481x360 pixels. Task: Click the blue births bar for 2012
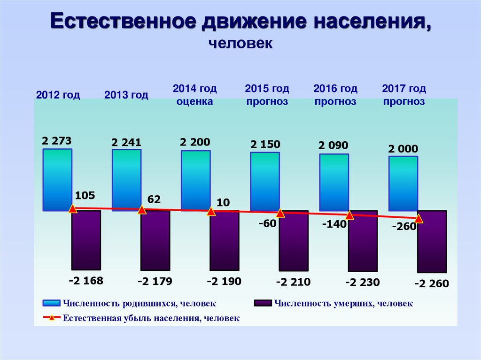[57, 180]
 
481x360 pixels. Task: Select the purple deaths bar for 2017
[432, 241]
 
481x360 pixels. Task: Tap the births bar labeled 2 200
[195, 181]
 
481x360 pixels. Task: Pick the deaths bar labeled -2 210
[294, 240]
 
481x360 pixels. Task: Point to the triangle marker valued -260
[419, 219]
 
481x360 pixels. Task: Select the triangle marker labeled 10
[211, 212]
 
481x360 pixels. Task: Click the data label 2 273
[56, 141]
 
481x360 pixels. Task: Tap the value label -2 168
[85, 281]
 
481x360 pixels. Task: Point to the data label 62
[154, 199]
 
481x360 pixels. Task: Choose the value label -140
[334, 224]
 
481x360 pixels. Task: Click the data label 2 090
[333, 146]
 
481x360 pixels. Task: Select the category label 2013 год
[126, 95]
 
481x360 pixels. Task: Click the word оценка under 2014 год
[194, 101]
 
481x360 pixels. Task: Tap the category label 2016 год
[335, 89]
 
